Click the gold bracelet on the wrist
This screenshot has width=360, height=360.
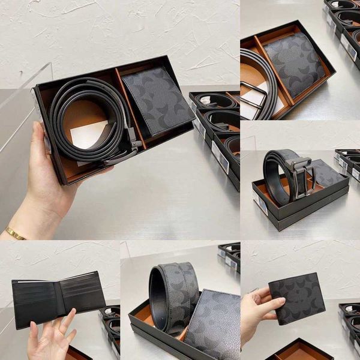pos(15,233)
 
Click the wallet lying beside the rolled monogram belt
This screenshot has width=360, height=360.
pos(213,324)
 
